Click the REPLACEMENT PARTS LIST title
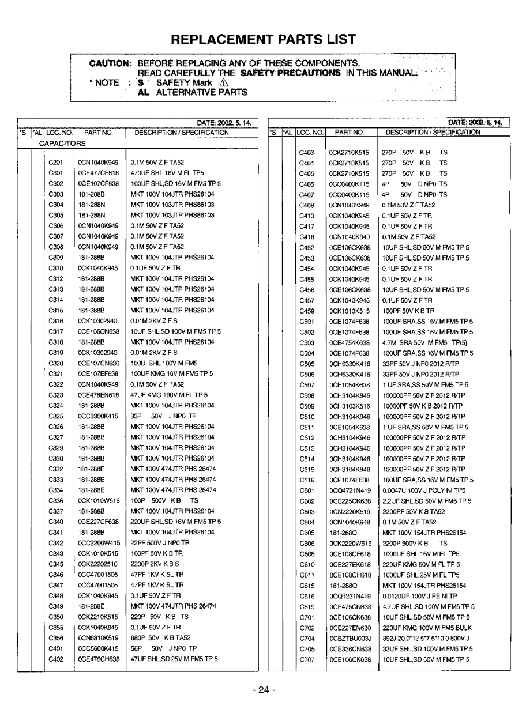coord(263,39)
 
